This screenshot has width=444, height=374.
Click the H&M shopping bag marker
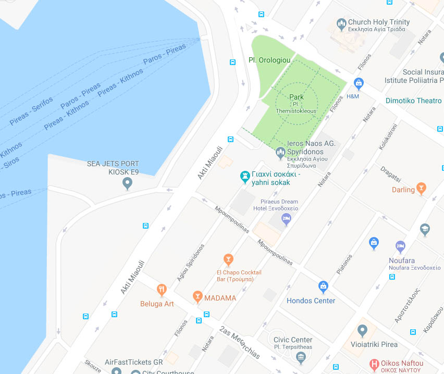pos(359,83)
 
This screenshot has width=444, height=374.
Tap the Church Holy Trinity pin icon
pos(341,24)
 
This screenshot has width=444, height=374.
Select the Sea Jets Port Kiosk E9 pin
pos(127,183)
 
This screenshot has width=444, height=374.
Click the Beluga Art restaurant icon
pos(162,289)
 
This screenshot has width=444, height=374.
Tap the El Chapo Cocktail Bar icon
pos(228,259)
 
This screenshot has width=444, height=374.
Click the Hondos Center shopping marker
pos(323,286)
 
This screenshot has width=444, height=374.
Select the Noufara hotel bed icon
pos(400,246)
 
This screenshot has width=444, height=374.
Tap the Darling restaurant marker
pos(421,188)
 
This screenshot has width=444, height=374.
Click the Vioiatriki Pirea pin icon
pos(363,330)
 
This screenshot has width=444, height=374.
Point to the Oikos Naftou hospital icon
pos(374,364)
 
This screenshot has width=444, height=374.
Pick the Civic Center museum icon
pos(300,357)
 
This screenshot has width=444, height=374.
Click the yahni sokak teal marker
pos(244,177)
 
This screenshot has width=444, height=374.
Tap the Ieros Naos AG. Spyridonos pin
pos(280,153)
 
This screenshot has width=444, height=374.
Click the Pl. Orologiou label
pos(269,60)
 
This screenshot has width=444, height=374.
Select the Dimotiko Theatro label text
pos(413,101)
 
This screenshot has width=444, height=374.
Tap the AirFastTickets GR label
pos(134,362)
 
